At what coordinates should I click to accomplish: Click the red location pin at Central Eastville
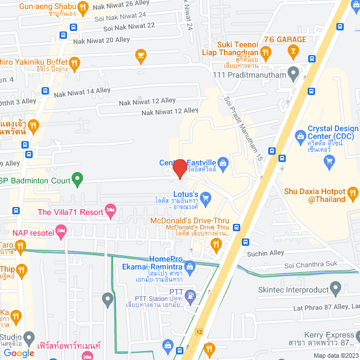[x=179, y=168]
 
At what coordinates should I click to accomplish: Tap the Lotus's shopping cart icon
[x=206, y=197]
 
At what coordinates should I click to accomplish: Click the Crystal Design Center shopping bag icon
[x=301, y=136]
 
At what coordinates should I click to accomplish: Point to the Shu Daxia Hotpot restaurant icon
[x=353, y=195]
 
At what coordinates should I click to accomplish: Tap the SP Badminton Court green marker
[x=78, y=181]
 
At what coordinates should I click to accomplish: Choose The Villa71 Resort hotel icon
[x=111, y=211]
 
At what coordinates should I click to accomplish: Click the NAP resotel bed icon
[x=61, y=231]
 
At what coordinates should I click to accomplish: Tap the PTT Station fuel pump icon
[x=191, y=294]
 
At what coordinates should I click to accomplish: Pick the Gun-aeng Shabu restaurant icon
[x=83, y=7]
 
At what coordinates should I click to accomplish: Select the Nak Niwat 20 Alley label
[x=93, y=40]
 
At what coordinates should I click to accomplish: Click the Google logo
[x=19, y=353]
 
